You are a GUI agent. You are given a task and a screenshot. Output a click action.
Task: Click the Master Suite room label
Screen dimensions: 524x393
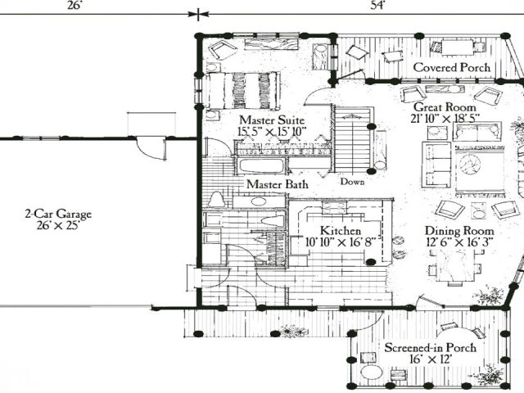(x=272, y=120)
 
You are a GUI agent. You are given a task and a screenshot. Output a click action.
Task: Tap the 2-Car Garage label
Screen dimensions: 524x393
(x=58, y=214)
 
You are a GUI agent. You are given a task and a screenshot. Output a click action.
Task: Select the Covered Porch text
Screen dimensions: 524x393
(x=452, y=67)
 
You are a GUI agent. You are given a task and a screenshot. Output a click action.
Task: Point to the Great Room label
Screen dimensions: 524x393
(x=445, y=107)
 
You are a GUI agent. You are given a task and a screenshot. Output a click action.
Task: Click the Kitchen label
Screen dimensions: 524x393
(x=341, y=231)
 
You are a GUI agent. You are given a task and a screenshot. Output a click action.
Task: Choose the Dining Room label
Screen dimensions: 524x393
(x=459, y=231)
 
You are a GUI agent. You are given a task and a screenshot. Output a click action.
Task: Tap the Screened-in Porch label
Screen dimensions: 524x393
(x=431, y=347)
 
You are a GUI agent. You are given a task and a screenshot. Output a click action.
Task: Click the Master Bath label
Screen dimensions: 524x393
(x=278, y=184)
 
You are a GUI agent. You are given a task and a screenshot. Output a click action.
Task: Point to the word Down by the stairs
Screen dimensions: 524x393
(x=352, y=182)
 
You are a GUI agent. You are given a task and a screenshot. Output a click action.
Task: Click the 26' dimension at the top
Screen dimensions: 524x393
(x=75, y=6)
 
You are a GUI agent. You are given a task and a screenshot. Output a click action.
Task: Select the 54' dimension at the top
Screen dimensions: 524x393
(x=378, y=6)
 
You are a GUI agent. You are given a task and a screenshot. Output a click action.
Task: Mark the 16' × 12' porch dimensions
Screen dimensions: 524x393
(x=431, y=359)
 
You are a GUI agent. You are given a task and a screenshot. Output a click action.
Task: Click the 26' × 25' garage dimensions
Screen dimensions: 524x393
(x=58, y=226)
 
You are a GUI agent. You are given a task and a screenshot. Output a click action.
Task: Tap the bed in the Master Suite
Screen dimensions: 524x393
(x=243, y=90)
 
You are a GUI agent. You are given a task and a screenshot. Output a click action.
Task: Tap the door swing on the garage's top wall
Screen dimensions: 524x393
(x=151, y=149)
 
